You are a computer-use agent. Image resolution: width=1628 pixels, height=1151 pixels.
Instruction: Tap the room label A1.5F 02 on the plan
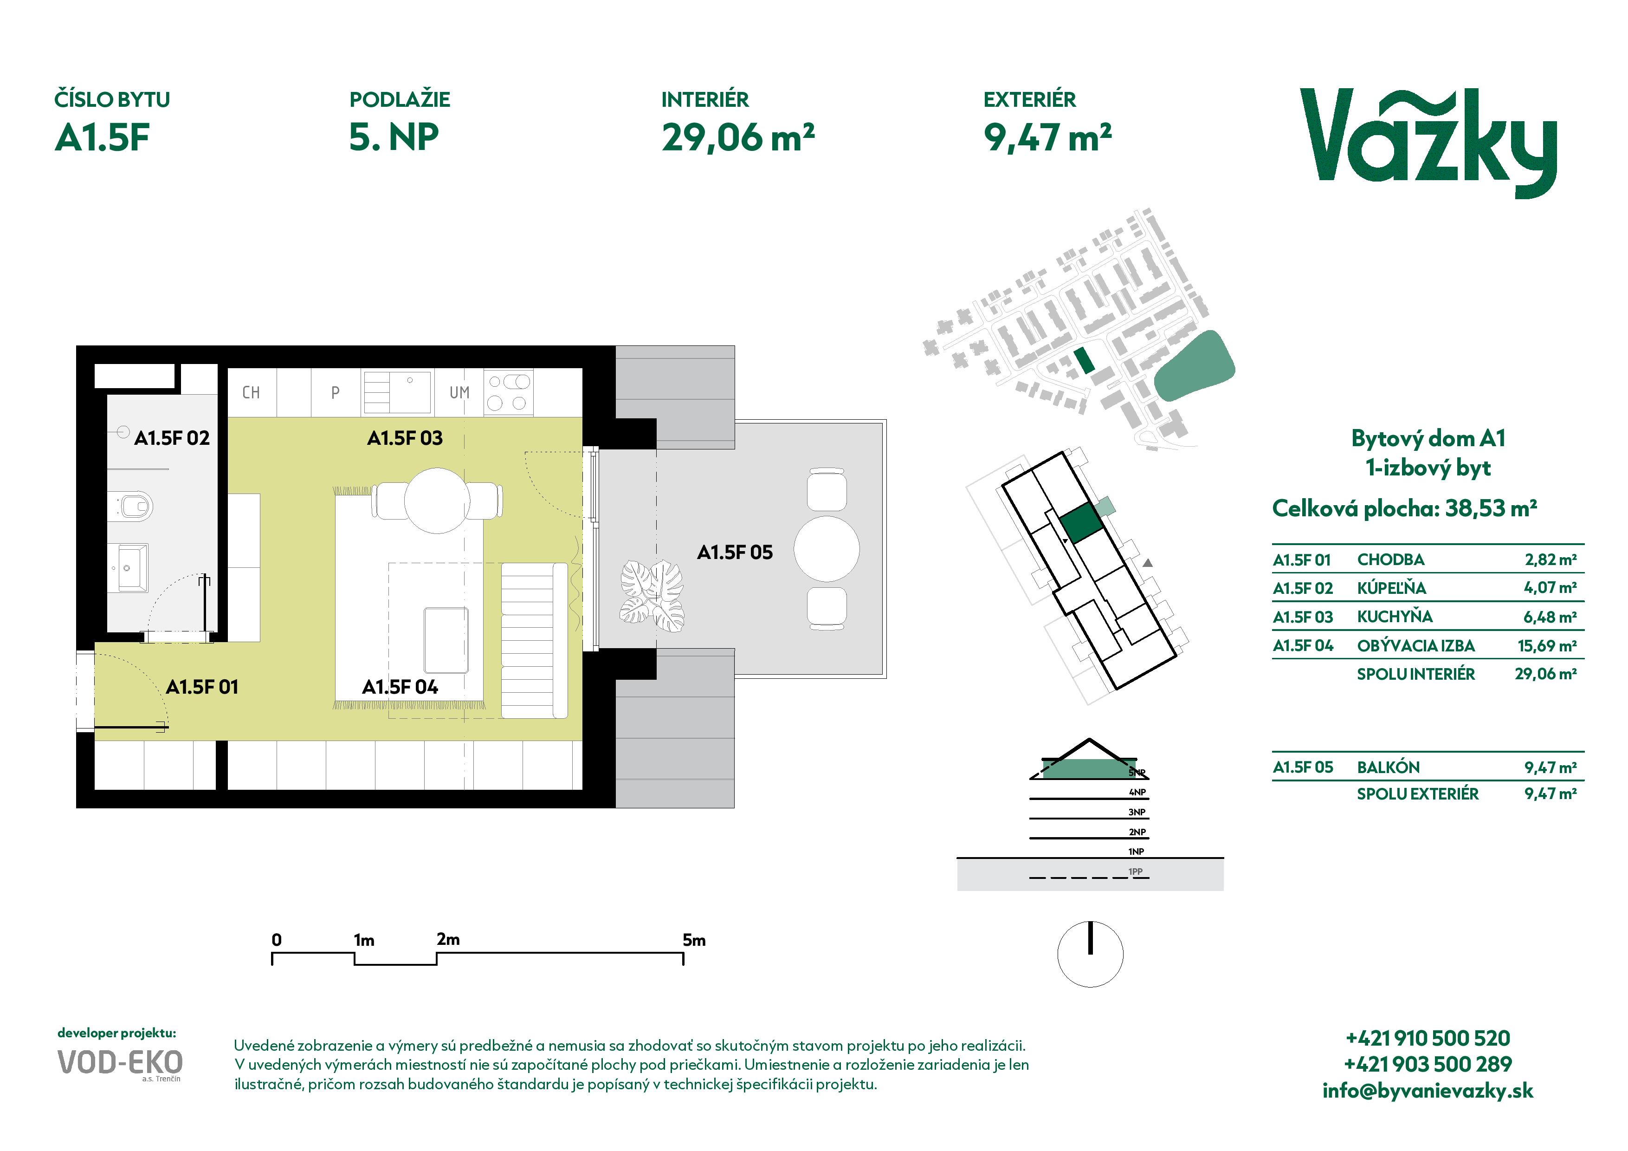coord(172,438)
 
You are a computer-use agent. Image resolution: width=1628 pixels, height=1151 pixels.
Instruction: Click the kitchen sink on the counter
coord(397,392)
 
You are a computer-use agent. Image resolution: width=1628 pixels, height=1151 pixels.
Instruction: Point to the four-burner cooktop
coord(508,392)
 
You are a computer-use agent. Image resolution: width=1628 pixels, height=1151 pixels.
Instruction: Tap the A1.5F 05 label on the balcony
coord(735,553)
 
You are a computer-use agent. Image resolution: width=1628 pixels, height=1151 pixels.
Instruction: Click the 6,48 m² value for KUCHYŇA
coord(1550,617)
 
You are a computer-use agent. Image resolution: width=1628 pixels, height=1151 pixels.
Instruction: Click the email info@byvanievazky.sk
coord(1428,1091)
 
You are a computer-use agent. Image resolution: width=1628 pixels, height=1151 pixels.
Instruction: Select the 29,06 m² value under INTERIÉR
coord(738,137)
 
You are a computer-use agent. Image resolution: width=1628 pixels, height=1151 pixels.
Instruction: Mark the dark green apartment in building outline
coord(1081,524)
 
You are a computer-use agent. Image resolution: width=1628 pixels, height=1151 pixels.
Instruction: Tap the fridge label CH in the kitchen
coord(251,393)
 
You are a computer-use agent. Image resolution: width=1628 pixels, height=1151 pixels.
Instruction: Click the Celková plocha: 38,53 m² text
coord(1405,508)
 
